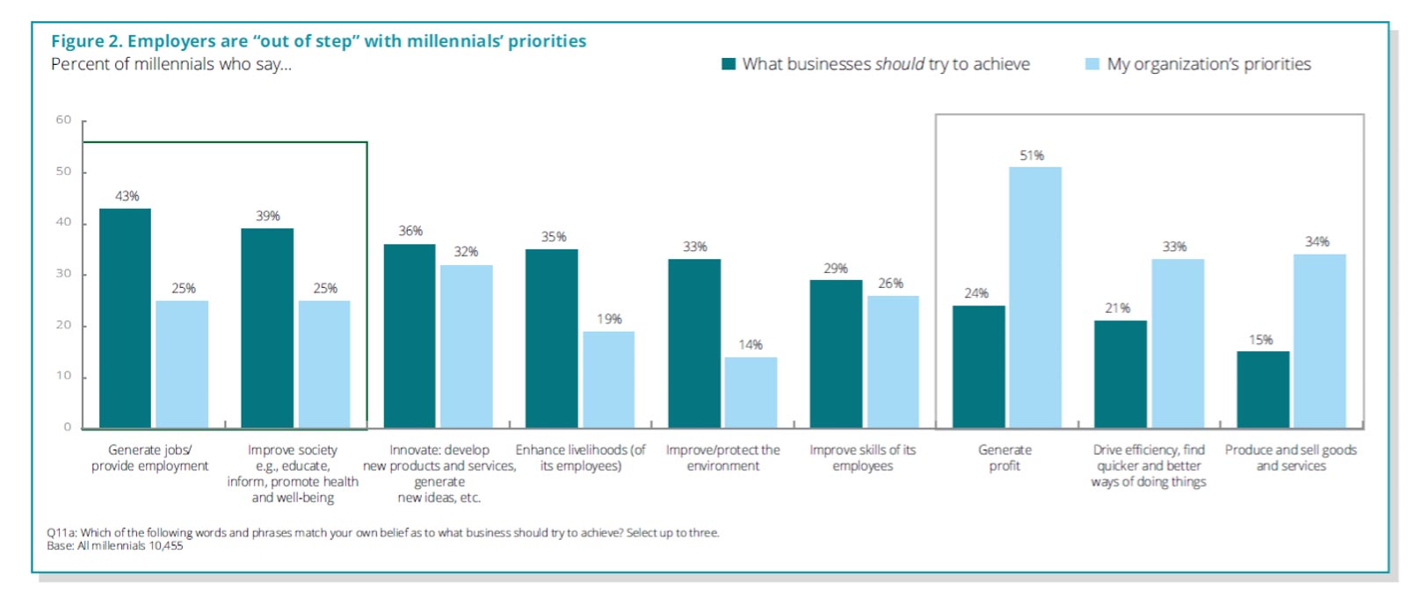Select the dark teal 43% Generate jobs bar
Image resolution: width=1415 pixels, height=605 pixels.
tap(125, 318)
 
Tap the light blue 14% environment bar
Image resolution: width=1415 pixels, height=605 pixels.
tap(751, 393)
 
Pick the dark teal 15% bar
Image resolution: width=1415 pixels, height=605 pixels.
tap(1263, 390)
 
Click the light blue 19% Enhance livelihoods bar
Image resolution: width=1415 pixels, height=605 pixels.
tap(608, 379)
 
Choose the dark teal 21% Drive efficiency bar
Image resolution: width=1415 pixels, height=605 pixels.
tap(1120, 374)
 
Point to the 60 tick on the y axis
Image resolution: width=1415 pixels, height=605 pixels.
tap(64, 119)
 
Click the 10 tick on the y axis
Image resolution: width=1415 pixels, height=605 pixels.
tap(64, 376)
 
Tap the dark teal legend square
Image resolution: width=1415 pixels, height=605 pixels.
tap(728, 64)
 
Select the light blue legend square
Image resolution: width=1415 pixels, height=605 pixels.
tap(1092, 64)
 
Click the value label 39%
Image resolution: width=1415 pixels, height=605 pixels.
tap(268, 216)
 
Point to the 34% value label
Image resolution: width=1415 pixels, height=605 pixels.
tap(1317, 241)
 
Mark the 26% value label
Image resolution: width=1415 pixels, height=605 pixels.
tap(890, 284)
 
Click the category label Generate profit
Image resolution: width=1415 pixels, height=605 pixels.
tap(1005, 457)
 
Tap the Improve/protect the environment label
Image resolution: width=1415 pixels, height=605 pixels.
tap(722, 457)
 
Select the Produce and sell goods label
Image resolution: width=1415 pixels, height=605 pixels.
tap(1290, 457)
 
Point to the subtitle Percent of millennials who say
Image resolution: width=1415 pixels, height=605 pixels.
tap(171, 64)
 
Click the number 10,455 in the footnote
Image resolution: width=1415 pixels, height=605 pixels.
tap(166, 546)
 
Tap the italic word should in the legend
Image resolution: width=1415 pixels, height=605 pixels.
tap(899, 64)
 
